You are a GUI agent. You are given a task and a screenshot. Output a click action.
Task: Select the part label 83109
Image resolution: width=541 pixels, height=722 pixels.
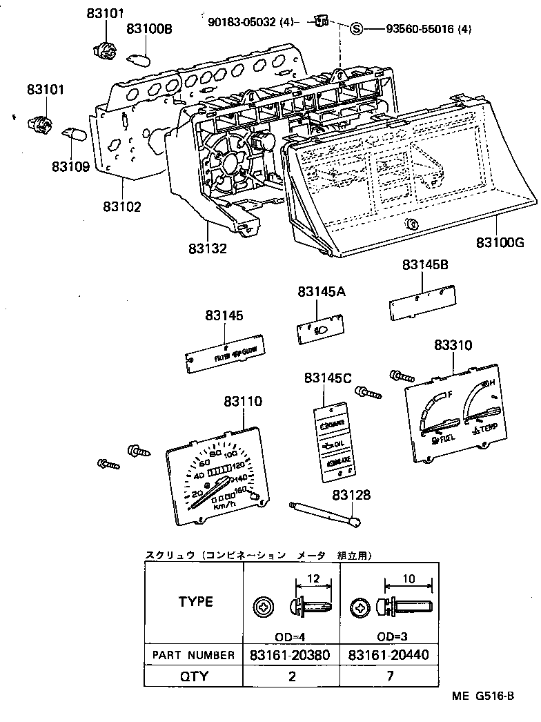(x=70, y=166)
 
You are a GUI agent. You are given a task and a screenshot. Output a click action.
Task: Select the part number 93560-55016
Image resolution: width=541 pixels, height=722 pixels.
(x=419, y=29)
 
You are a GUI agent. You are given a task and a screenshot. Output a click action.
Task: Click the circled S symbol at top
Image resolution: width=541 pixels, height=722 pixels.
(x=356, y=29)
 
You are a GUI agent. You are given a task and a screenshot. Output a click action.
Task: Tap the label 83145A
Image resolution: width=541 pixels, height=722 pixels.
(x=322, y=293)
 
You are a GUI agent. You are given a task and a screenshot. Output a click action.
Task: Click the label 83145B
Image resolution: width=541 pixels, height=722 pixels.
(x=425, y=264)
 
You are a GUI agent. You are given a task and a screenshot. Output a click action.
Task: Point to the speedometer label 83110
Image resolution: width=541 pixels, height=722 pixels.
(x=242, y=400)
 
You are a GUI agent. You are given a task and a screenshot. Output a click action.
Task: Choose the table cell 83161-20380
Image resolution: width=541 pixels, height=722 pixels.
(x=292, y=654)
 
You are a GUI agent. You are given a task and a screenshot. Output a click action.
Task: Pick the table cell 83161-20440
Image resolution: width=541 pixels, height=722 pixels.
(x=390, y=654)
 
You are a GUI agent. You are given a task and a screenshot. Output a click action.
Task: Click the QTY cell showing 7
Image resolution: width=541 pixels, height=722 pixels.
(x=390, y=676)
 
